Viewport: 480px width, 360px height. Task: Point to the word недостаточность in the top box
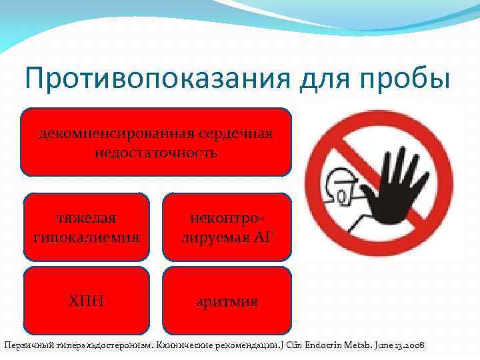[156, 153]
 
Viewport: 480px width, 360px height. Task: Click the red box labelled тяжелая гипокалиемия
[86, 227]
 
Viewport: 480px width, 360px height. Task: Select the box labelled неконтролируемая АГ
[227, 227]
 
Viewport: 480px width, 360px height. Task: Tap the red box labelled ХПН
[86, 300]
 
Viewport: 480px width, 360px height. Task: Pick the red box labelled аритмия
[227, 300]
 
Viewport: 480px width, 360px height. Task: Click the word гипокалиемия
[86, 237]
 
